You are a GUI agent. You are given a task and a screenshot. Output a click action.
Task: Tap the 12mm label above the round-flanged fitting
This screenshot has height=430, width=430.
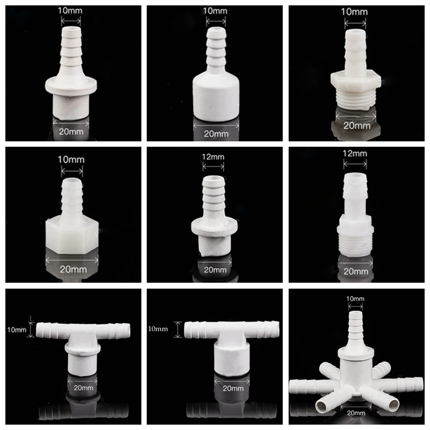pyautogui.click(x=213, y=156)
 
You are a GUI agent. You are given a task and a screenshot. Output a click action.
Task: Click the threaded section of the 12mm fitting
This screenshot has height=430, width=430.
pyautogui.click(x=355, y=241)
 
